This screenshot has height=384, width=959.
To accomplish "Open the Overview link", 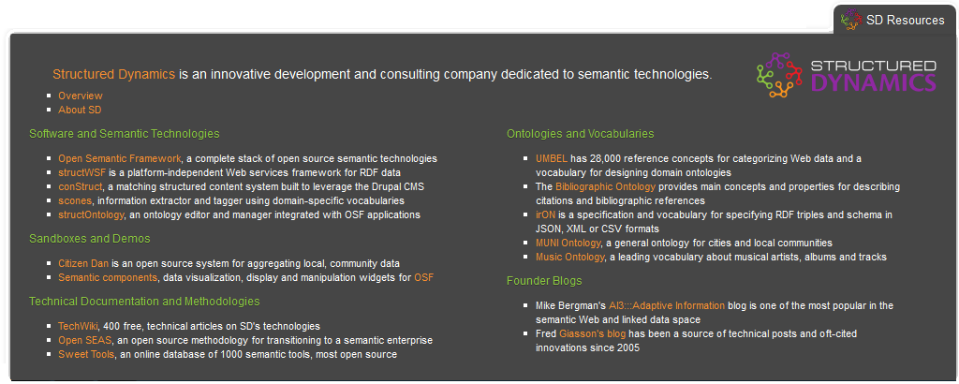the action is coord(81,96).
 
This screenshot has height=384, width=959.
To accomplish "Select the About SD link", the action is coord(80,111).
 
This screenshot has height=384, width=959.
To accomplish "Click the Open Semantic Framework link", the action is coord(120,158).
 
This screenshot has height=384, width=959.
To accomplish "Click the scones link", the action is coord(75,200).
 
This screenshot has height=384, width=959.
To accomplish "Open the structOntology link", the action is coord(91,214).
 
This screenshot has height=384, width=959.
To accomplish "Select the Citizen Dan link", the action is coord(83,263).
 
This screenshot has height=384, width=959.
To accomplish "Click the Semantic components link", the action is coord(108,277).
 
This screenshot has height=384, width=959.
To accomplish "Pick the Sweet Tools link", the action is coord(86,355).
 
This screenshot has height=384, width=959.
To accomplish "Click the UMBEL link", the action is coord(552,159).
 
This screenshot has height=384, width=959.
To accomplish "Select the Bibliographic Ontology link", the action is coord(606,186).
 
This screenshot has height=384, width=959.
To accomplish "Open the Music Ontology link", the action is coord(570,257).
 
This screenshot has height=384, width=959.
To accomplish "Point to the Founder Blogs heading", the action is coord(544,281).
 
